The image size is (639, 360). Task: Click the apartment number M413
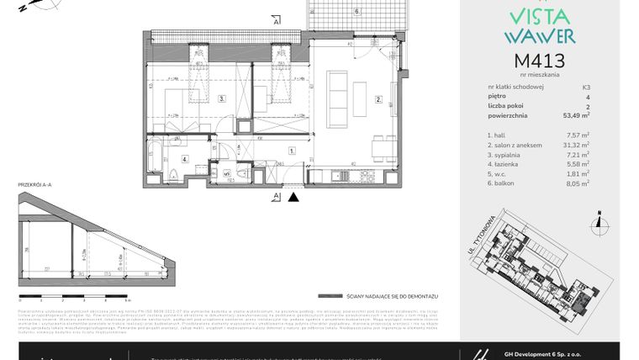pos(538,61)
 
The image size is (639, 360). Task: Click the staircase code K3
pos(585,87)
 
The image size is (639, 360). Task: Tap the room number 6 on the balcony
pos(356,11)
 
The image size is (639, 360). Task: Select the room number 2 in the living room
pos(379,99)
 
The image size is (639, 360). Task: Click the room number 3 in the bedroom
pos(221,98)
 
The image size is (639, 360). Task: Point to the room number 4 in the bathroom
pos(184,157)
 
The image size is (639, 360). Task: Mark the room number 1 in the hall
pos(291,151)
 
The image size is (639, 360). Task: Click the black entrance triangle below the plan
pos(293,199)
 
